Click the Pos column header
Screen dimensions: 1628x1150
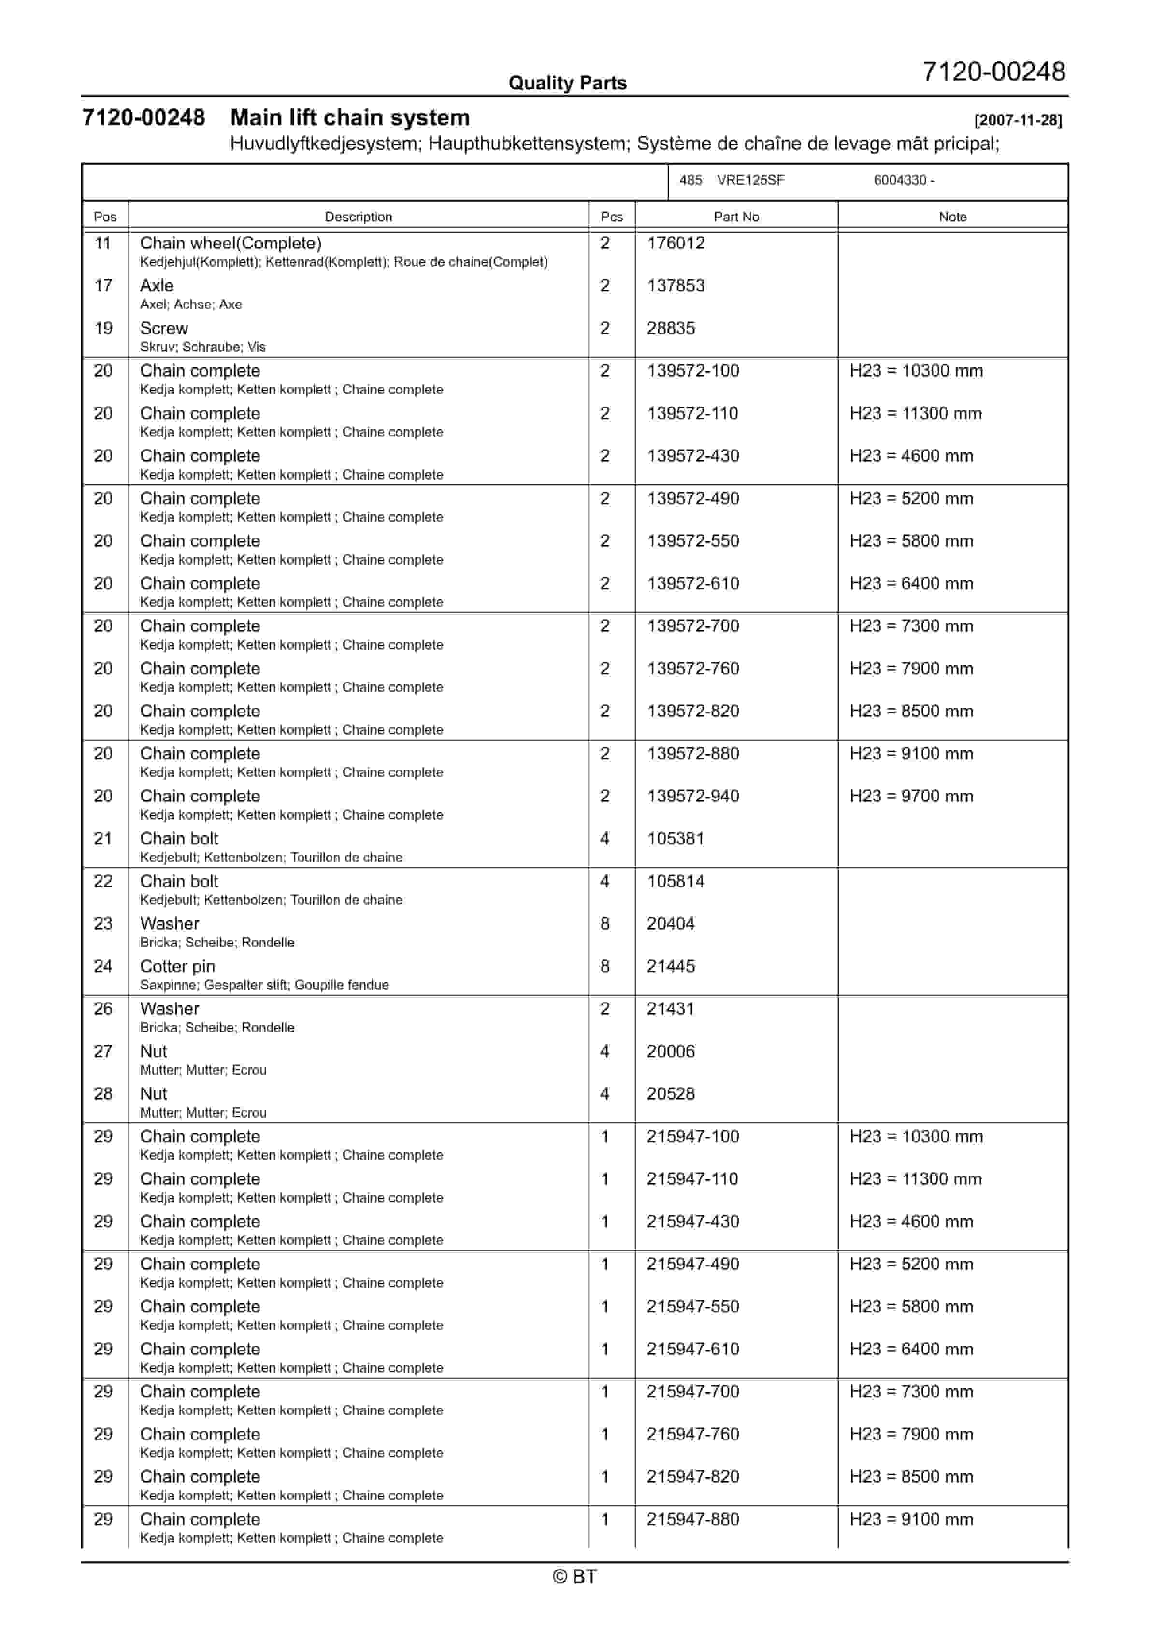(105, 217)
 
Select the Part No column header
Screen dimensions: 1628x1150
(735, 217)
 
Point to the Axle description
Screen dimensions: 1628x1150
(157, 286)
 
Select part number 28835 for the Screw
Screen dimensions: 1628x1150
(670, 328)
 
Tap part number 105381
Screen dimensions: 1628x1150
(675, 839)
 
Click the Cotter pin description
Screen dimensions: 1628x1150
(177, 966)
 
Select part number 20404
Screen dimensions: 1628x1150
(670, 924)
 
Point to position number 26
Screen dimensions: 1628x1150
(103, 1009)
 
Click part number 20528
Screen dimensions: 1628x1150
(670, 1094)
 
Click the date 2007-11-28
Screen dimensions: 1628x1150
(1018, 120)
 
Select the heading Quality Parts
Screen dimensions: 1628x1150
(567, 83)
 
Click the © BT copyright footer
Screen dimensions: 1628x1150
(575, 1576)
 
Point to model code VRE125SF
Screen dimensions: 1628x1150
(750, 180)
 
